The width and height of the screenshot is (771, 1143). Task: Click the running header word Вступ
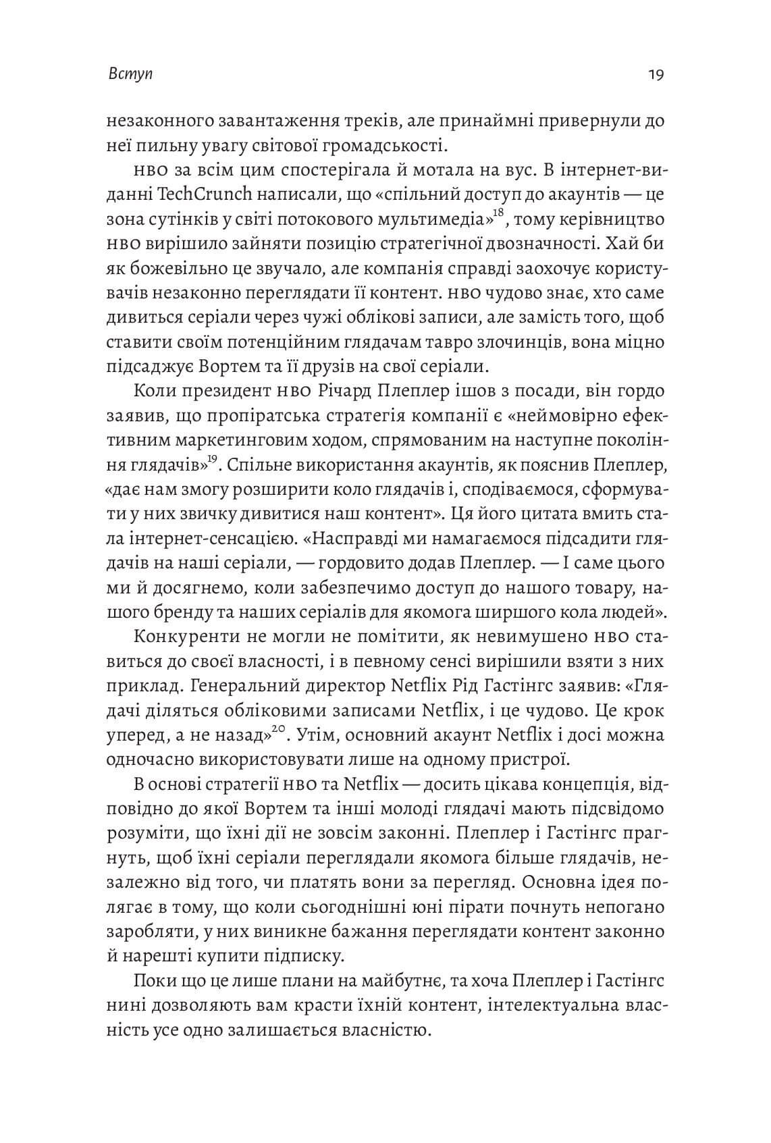[x=130, y=74]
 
